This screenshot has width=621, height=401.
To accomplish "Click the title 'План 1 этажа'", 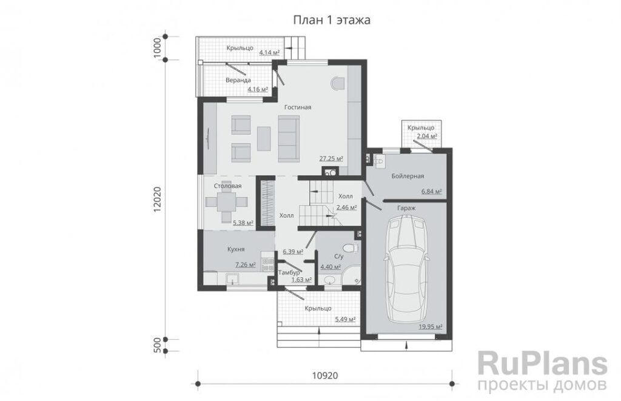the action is (332, 20).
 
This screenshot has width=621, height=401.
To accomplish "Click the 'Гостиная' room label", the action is (298, 107).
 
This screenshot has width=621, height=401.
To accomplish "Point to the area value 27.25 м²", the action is (331, 158).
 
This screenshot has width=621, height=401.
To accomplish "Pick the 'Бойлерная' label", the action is (408, 176).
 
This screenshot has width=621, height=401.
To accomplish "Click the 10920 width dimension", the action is (325, 376).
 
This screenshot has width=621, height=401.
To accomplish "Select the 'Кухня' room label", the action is (236, 249).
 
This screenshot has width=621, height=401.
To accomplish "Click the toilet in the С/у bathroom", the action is (349, 248).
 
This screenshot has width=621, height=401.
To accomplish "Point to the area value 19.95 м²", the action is (431, 327).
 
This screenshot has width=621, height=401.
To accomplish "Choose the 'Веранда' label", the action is (238, 80).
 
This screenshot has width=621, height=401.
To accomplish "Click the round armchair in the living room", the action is (338, 83).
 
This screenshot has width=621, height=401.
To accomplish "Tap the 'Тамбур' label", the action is (289, 272).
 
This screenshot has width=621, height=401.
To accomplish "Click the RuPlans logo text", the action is (543, 363).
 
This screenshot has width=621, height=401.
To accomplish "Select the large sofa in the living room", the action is (289, 139).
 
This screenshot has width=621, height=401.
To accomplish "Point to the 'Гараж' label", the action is (406, 207).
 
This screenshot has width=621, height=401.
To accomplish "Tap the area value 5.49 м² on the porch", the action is (345, 319).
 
